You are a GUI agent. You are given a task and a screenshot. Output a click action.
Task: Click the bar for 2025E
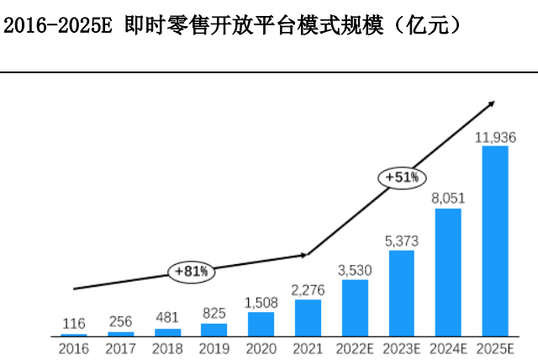[495, 241]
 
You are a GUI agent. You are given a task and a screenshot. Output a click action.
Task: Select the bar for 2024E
[448, 272]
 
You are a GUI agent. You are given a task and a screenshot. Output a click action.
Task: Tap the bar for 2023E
[402, 293]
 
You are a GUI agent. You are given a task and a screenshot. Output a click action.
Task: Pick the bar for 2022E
[355, 307]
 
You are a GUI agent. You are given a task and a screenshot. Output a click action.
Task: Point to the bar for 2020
[261, 324]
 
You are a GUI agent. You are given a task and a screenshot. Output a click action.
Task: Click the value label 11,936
[495, 137]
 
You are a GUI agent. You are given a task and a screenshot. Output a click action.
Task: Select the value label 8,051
[448, 199]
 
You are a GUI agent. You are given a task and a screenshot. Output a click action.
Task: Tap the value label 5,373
[402, 241]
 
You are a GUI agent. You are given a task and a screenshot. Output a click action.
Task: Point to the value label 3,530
[355, 270]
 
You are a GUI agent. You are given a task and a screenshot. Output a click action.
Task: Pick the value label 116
[74, 323]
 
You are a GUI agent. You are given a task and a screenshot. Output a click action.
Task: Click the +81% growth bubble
[192, 271]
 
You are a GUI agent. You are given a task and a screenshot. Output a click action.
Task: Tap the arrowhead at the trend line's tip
[490, 104]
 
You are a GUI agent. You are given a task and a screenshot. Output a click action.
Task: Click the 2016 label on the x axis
[74, 347]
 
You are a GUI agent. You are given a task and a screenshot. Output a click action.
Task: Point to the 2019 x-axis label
[214, 347]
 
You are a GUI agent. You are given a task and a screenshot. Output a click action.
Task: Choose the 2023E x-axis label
[402, 347]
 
